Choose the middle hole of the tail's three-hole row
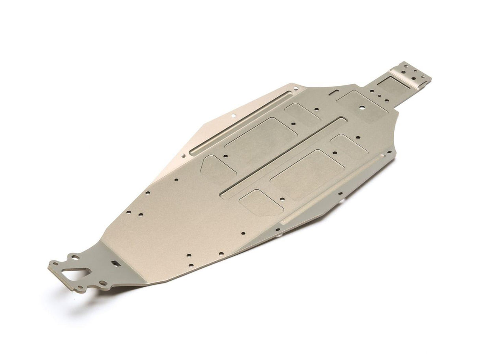tap(378, 95)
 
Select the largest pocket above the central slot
tap(261, 139)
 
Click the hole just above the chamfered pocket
tap(225, 156)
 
